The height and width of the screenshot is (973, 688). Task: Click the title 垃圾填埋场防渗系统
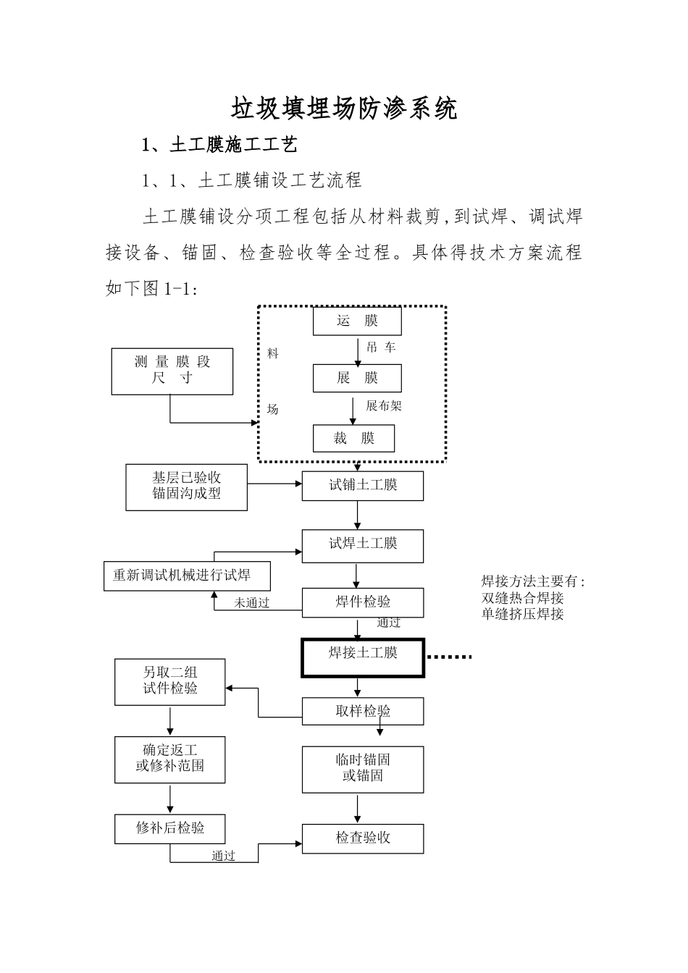[x=344, y=109]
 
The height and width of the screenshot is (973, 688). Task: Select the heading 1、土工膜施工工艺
[x=219, y=146]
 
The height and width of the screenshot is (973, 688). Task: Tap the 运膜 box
[x=357, y=321]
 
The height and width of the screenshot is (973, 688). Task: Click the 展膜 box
[x=357, y=378]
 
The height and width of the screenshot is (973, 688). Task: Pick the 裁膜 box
[x=354, y=439]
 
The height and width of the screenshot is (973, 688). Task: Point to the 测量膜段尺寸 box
[x=172, y=371]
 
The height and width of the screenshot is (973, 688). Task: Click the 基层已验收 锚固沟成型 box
[x=186, y=486]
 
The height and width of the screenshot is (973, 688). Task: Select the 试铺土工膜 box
[x=363, y=485]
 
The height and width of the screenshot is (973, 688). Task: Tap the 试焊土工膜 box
[x=363, y=545]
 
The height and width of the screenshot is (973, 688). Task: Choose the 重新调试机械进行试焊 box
[x=187, y=576]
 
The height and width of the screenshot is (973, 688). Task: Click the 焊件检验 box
[x=363, y=602]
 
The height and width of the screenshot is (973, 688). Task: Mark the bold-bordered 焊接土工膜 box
[x=363, y=657]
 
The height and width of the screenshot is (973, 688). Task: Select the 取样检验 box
[x=363, y=712]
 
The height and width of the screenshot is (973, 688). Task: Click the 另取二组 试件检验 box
[x=169, y=681]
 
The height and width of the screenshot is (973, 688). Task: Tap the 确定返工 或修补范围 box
[x=169, y=759]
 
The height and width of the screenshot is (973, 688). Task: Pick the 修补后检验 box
[x=169, y=828]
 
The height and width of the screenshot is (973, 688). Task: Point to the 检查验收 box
[x=363, y=838]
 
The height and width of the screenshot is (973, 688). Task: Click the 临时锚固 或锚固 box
[x=363, y=769]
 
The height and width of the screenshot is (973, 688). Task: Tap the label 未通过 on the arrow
[x=251, y=603]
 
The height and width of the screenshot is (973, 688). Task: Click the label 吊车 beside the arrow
[x=381, y=348]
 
